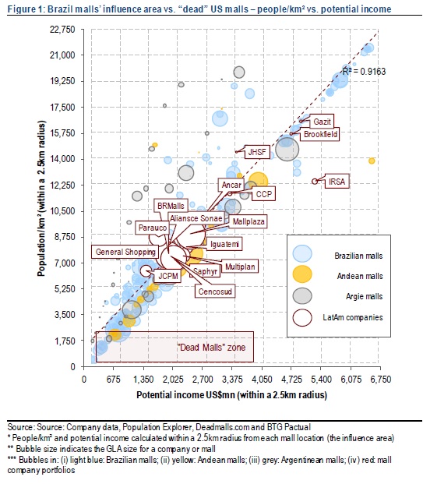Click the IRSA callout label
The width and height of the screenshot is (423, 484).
tap(337, 182)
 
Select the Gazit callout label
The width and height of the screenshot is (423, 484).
tap(322, 122)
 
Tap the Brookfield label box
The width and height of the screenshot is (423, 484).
tap(320, 134)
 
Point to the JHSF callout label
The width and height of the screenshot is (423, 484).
tap(257, 152)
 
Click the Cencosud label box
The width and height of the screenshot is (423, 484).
tap(215, 291)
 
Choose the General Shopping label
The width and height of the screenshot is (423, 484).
tap(125, 252)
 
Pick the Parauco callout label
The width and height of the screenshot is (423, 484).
tap(153, 228)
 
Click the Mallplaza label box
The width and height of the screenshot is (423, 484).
tap(248, 221)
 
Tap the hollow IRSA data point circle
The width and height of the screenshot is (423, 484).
tap(315, 182)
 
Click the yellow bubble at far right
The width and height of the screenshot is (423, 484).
tap(372, 161)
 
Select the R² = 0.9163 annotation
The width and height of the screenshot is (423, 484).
tap(364, 72)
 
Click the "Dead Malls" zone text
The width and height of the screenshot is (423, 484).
tap(211, 348)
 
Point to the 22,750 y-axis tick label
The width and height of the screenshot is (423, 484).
tap(62, 30)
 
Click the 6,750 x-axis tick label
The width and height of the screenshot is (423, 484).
tap(380, 379)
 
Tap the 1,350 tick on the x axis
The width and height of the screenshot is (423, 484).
tap(143, 379)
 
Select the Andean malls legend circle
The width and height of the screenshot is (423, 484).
tap(302, 274)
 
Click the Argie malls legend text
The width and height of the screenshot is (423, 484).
tap(364, 296)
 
